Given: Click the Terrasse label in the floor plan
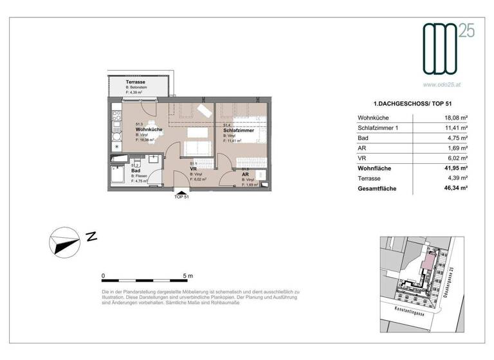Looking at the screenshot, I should point(120,82).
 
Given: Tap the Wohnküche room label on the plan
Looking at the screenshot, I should point(148,129).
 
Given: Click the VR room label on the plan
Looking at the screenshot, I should point(193,169).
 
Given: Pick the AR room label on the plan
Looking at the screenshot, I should point(245,174).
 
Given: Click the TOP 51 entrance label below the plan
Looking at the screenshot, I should point(181,197).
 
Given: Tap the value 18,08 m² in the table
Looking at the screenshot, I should point(455,118).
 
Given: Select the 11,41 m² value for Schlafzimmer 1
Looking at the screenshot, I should point(455,128).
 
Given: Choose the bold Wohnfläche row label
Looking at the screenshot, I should point(375,168).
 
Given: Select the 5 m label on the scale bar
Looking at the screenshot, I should point(187,276).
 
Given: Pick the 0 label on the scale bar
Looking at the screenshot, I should point(104,276).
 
